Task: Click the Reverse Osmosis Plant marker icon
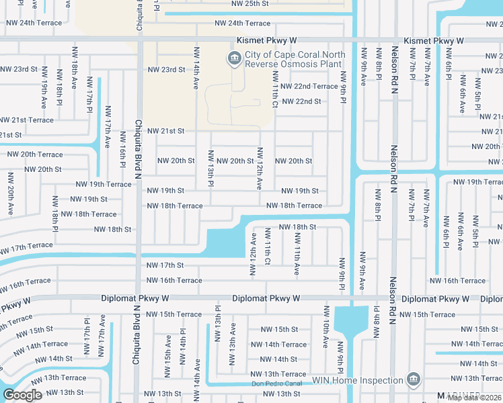tap(234, 58)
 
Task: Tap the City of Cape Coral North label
tap(295, 54)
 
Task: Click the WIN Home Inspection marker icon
tap(413, 380)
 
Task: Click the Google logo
tap(22, 395)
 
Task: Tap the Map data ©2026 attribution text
tap(475, 398)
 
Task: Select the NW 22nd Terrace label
tap(309, 87)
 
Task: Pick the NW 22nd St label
tap(301, 101)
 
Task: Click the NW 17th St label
tap(165, 266)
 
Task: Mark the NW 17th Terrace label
tap(27, 247)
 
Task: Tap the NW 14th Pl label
tap(183, 342)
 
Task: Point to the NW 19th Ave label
tap(44, 94)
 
